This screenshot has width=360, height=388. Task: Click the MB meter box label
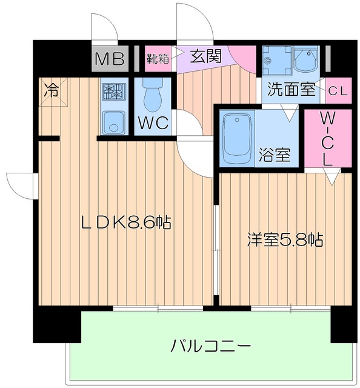click(x=110, y=59)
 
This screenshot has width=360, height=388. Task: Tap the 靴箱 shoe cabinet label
click(x=158, y=59)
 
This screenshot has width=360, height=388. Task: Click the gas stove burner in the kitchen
click(x=112, y=92)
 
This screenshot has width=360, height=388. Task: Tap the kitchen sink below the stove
click(x=112, y=123)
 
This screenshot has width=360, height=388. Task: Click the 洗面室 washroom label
click(x=290, y=90)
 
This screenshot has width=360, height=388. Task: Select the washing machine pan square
click(x=276, y=61)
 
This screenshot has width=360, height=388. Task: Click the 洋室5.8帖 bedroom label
click(x=285, y=239)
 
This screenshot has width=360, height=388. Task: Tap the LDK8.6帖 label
click(x=126, y=222)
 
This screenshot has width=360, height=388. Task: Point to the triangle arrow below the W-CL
click(x=331, y=177)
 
